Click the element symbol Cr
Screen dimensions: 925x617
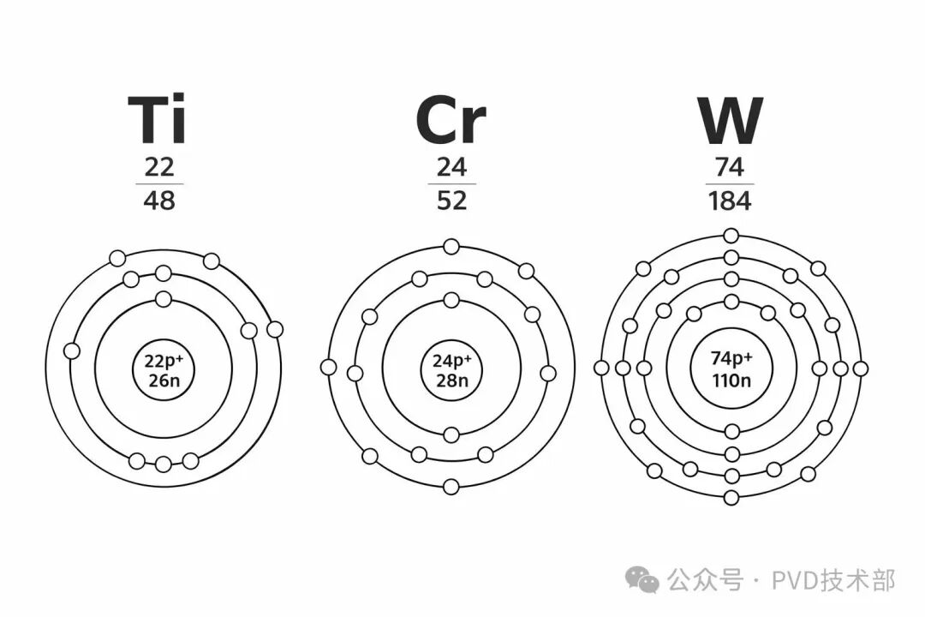451,121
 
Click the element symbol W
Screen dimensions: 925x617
731,121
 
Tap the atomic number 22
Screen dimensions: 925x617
159,167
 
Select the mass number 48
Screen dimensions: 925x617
159,201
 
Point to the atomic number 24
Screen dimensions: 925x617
452,167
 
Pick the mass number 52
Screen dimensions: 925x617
452,201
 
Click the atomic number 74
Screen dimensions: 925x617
730,167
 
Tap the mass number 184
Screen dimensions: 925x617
730,201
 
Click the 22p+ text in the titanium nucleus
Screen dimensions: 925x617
164,361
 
